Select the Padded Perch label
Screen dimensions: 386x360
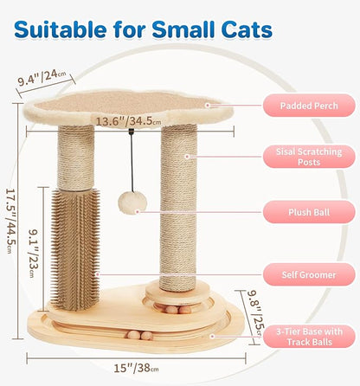point(309,106)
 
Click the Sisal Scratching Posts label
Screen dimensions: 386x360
point(309,156)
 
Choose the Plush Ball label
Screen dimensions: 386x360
point(309,211)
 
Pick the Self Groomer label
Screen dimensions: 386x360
point(309,275)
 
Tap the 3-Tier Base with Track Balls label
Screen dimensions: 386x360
point(309,335)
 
